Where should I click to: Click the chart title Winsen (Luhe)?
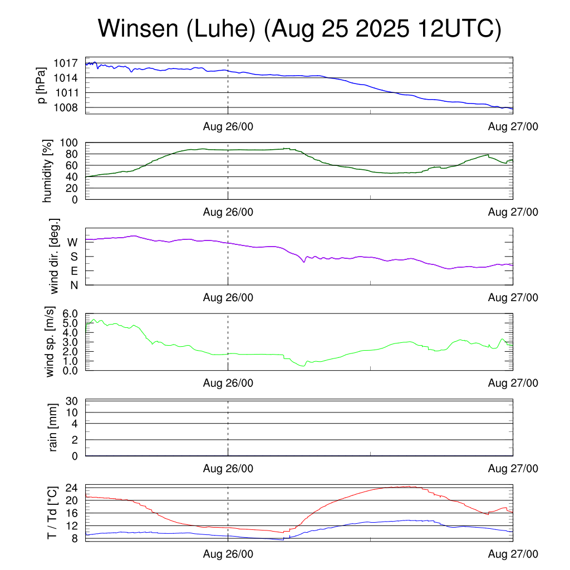[299, 29]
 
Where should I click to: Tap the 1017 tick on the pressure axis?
[68, 63]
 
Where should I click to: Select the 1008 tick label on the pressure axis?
[68, 107]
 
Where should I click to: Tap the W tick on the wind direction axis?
[72, 242]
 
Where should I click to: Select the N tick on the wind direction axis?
[73, 285]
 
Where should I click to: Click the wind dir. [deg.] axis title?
[55, 256]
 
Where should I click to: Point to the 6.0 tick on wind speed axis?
[69, 314]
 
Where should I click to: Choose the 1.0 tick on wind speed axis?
[69, 361]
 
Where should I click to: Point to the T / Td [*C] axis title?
[52, 512]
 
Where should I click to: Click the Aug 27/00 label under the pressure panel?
[513, 127]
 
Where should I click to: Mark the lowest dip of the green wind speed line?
[303, 366]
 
